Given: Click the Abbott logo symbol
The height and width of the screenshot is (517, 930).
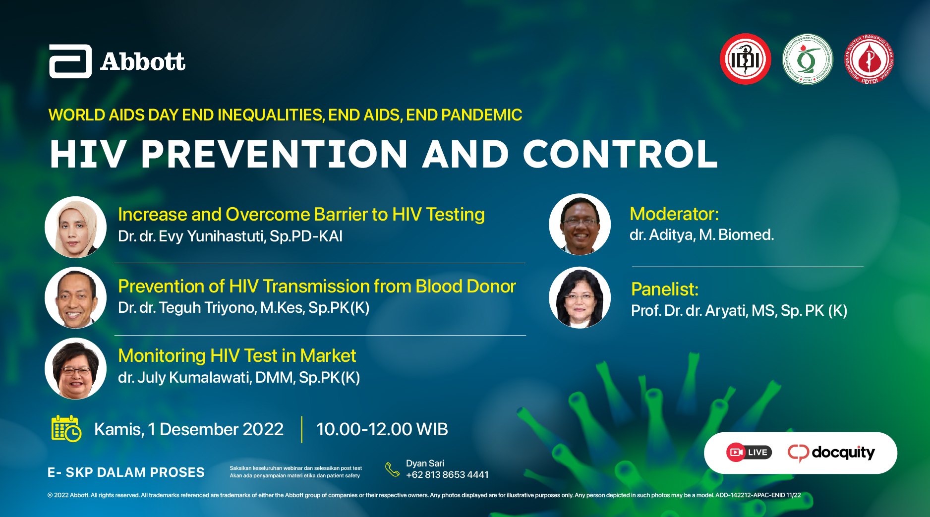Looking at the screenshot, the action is pos(70,61).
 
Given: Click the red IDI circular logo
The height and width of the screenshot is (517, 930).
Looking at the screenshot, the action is pos(745,59).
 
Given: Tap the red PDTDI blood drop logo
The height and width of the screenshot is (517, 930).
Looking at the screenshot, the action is pos(869,59).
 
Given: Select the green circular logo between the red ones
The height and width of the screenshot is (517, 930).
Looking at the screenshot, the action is pos(808,59).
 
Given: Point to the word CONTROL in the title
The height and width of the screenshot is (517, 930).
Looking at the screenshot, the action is pos(620,154).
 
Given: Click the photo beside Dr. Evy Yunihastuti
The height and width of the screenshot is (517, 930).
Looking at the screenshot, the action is pos(76,227).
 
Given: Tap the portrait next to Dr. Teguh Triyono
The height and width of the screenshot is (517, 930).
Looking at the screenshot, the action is pos(76,297).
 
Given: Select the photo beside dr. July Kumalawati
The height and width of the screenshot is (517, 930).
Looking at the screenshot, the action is pos(76,368).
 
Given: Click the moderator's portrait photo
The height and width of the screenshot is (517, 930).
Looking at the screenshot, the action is pos(580,224).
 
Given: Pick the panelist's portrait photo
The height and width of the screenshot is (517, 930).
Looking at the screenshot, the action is pos(580,297).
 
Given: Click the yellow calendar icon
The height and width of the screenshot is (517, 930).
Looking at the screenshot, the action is pos(66,428).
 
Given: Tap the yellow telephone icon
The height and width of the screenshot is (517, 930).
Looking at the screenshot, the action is pos(392,469).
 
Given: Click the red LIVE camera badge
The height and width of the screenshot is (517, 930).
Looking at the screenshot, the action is pos(749,452).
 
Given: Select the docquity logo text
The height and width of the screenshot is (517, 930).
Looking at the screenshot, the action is pos(843,452).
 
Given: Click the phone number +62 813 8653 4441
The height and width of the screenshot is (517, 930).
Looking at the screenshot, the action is pos(447,475).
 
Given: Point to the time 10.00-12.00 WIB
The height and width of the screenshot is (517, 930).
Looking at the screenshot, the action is pos(382,429).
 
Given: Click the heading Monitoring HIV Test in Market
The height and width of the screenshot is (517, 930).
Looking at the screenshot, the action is pos(237,356).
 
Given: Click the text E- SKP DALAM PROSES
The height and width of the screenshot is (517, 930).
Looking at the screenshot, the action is pos(126,472).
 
